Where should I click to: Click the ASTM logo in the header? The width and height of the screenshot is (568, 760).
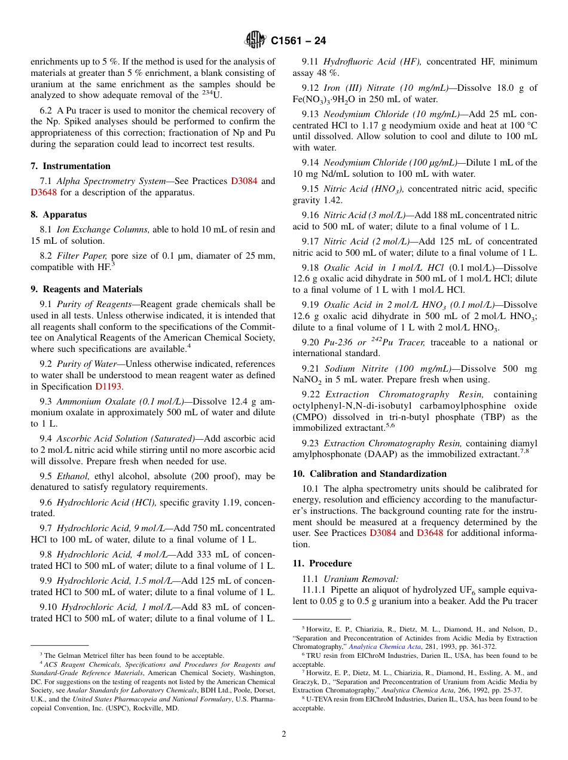click(255, 41)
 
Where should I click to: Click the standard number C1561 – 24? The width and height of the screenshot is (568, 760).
click(298, 41)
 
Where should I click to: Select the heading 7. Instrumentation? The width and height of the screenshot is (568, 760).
click(71, 166)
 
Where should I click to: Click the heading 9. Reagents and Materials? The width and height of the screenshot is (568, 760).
click(87, 289)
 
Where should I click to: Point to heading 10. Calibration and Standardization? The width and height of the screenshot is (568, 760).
click(369, 474)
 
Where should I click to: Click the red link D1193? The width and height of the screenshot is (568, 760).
click(109, 387)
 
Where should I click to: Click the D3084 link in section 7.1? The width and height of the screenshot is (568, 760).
click(244, 181)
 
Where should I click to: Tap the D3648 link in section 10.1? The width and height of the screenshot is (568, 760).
click(430, 533)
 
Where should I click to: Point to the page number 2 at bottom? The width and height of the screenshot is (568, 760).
click(284, 734)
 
